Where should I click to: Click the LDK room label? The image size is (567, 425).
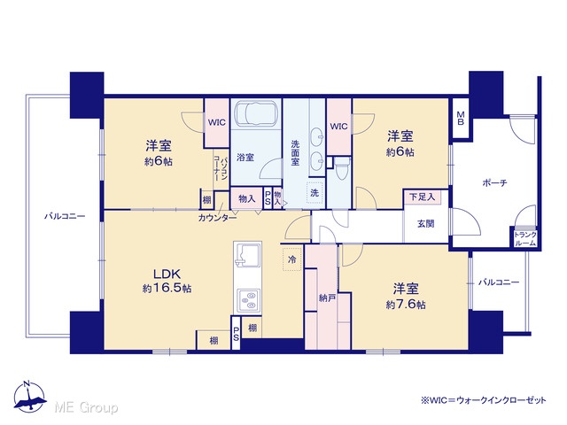(167, 274)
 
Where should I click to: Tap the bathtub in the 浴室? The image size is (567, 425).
(256, 113)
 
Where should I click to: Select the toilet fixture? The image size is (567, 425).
(341, 168)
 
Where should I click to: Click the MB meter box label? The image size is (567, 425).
(461, 118)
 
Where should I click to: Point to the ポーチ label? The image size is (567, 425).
(494, 183)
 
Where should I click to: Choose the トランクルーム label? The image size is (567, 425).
(525, 239)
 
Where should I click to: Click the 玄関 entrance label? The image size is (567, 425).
(425, 224)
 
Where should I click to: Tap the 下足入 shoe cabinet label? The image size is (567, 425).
(422, 197)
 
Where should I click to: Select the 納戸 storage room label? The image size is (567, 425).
(327, 298)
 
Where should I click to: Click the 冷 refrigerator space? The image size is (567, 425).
(292, 259)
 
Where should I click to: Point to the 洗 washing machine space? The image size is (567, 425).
(315, 193)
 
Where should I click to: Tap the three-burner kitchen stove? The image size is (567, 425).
(248, 299)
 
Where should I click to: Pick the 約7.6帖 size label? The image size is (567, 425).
(406, 305)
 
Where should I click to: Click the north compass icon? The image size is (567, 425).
(29, 397)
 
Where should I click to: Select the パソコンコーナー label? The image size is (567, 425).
(221, 168)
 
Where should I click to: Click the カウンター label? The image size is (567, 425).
(217, 218)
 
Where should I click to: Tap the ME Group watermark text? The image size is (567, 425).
(86, 408)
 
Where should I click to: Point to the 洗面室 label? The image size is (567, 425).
(295, 153)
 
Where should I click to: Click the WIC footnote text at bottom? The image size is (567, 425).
(483, 400)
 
